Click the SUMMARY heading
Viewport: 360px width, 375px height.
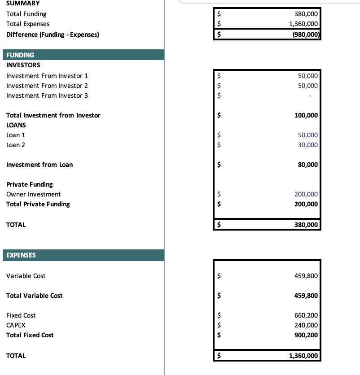23,3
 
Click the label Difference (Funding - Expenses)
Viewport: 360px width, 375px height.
53,35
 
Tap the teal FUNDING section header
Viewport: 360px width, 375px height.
83,55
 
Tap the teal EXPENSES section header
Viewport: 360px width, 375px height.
83,255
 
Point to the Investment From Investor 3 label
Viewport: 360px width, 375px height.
47,96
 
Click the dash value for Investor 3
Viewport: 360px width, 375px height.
309,96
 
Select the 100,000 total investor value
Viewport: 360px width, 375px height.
306,115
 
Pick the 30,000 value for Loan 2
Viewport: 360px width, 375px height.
308,145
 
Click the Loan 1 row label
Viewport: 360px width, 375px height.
16,135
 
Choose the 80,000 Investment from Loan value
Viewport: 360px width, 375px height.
307,165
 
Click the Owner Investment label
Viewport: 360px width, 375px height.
34,194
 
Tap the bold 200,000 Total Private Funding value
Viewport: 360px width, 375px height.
306,204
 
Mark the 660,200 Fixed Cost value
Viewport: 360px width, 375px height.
306,315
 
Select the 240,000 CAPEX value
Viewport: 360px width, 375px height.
306,325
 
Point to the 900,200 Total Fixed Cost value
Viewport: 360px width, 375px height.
306,335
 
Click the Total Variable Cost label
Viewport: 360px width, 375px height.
35,296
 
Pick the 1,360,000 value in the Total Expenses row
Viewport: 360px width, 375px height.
303,24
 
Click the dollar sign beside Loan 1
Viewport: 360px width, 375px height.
220,135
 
